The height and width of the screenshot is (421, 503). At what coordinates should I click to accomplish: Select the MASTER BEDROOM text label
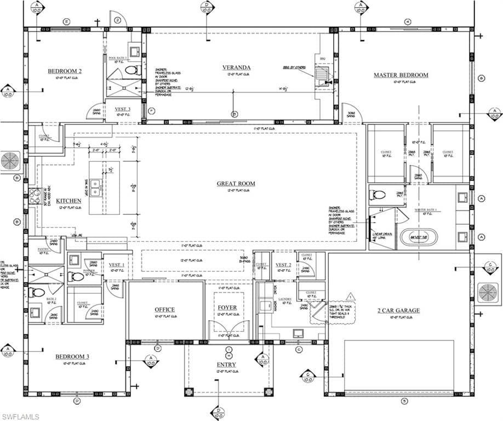point(401,75)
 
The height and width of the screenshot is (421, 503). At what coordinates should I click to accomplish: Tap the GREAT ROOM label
point(236,184)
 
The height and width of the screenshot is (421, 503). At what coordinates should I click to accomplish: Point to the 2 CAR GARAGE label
point(398,310)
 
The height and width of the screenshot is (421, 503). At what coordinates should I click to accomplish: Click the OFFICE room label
point(164,310)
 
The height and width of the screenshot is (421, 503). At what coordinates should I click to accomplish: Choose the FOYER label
point(227,308)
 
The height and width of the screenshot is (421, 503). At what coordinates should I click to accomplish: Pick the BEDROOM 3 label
point(72,357)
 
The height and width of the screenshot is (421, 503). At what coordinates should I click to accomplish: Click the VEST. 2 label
point(283,265)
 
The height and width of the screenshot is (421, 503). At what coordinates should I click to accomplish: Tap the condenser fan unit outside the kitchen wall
point(9,161)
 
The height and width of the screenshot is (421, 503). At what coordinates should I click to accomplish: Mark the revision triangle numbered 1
point(351,297)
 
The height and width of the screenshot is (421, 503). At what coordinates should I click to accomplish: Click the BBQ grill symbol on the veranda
point(322,73)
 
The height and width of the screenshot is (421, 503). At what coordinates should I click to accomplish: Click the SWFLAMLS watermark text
point(20,417)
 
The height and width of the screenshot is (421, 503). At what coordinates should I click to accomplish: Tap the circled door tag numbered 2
point(117,20)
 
